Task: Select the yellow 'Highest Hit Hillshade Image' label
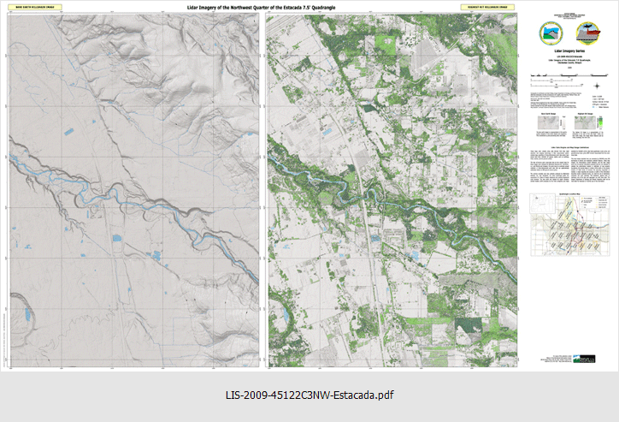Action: pyautogui.click(x=493, y=8)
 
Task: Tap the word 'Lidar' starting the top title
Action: pyautogui.click(x=196, y=7)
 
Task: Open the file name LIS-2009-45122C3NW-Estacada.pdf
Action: pyautogui.click(x=309, y=395)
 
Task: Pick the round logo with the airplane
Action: pyautogui.click(x=588, y=33)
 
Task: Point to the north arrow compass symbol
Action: pyautogui.click(x=596, y=85)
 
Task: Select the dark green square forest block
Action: pyautogui.click(x=466, y=327)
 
